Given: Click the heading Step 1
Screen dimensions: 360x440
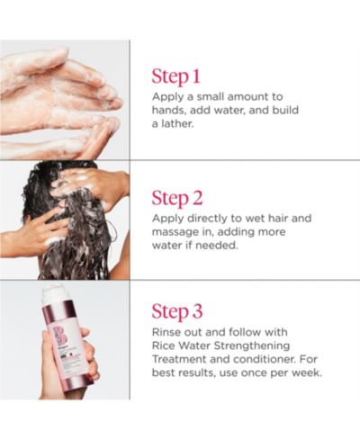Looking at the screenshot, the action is pyautogui.click(x=175, y=76).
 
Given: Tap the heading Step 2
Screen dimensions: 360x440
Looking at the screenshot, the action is pyautogui.click(x=177, y=198).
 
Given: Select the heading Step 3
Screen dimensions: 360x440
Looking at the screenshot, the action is pyautogui.click(x=177, y=311).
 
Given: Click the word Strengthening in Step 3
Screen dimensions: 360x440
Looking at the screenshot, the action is pyautogui.click(x=252, y=346).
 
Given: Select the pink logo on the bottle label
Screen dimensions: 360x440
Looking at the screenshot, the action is pyautogui.click(x=59, y=336).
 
